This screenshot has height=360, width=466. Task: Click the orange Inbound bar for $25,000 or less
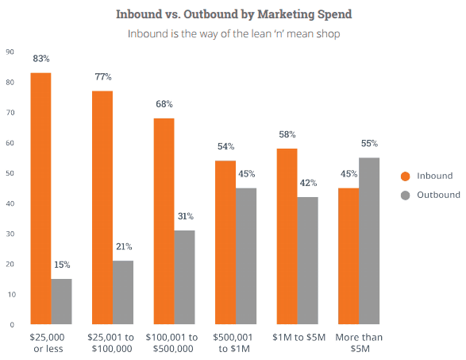pyautogui.click(x=40, y=199)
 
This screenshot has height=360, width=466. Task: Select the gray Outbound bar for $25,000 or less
pyautogui.click(x=62, y=301)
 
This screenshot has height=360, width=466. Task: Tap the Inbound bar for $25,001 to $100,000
pyautogui.click(x=102, y=207)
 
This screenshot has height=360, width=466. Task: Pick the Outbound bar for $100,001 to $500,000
pyautogui.click(x=184, y=277)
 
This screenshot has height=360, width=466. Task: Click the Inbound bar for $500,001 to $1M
pyautogui.click(x=225, y=242)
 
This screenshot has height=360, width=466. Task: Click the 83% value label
pyautogui.click(x=41, y=59)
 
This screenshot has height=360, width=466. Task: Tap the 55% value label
pyautogui.click(x=369, y=144)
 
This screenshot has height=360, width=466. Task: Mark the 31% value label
pyautogui.click(x=185, y=216)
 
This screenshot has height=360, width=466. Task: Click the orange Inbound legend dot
pyautogui.click(x=404, y=176)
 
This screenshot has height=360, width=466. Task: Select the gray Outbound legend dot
pyautogui.click(x=404, y=195)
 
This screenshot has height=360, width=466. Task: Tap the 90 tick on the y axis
pyautogui.click(x=10, y=52)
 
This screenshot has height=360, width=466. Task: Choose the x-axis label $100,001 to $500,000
pyautogui.click(x=175, y=343)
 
